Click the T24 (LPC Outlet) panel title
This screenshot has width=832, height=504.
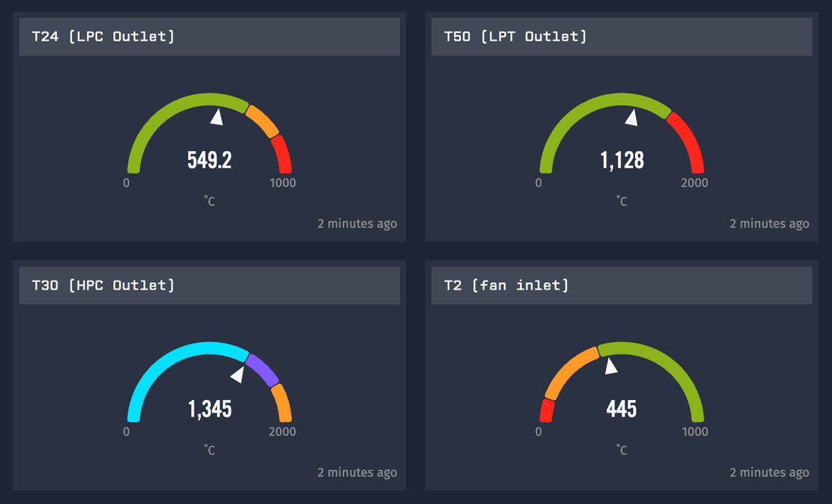(103, 37)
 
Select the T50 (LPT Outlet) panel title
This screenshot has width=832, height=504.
(515, 37)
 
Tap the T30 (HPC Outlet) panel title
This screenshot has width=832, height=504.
(103, 286)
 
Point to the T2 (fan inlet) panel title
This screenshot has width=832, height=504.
(506, 286)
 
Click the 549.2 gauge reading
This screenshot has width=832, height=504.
(209, 160)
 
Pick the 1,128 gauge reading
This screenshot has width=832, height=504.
(622, 160)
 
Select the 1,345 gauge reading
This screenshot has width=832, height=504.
(209, 409)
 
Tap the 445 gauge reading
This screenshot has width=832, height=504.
(622, 409)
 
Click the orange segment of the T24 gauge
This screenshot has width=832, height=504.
(263, 121)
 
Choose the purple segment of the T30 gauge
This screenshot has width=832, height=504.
(263, 370)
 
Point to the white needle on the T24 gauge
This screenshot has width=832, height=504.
(217, 117)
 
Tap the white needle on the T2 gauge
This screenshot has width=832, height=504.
(610, 366)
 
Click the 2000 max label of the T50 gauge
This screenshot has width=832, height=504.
(695, 183)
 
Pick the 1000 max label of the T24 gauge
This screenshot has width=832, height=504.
(283, 183)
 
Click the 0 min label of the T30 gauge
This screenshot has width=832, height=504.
(126, 432)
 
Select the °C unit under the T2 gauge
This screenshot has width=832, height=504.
(622, 451)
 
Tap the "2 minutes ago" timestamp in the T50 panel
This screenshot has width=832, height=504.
(769, 223)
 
